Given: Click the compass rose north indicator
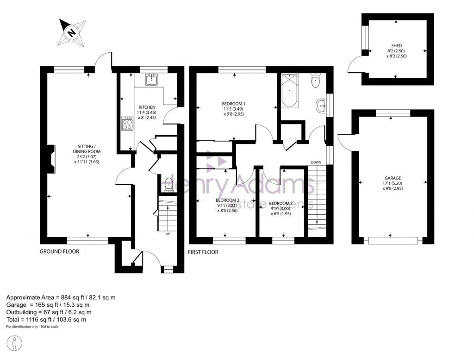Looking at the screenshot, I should pyautogui.click(x=72, y=32).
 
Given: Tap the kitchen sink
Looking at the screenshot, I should pyautogui.click(x=150, y=80).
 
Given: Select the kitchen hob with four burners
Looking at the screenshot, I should pyautogui.click(x=127, y=124).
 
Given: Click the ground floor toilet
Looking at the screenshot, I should pyautogui.click(x=169, y=184).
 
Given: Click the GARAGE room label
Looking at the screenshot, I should pyautogui.click(x=392, y=178).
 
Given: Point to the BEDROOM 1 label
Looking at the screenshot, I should pyautogui.click(x=233, y=103).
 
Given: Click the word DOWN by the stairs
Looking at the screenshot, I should pyautogui.click(x=316, y=162).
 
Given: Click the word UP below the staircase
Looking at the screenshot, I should pyautogui.click(x=168, y=234).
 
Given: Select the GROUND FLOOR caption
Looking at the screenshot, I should pyautogui.click(x=59, y=252).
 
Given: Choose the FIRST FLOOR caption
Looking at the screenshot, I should pyautogui.click(x=203, y=252).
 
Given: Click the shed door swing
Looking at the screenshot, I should pyautogui.click(x=355, y=65).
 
